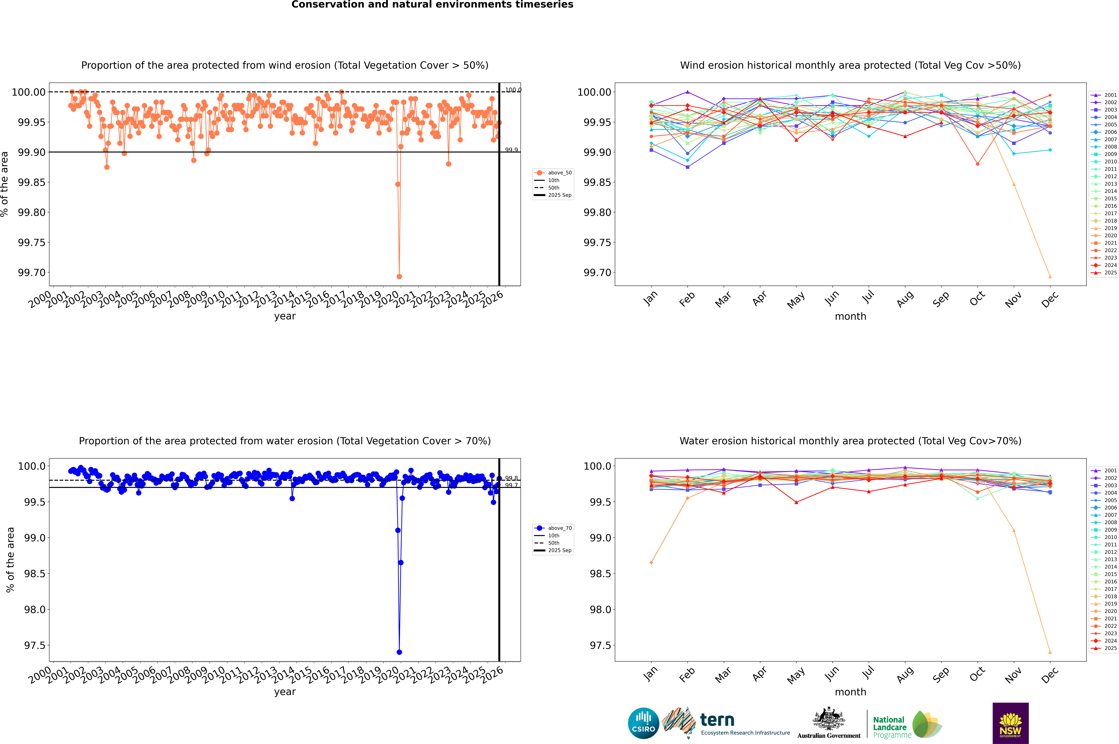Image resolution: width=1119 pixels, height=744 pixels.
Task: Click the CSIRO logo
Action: point(643,723)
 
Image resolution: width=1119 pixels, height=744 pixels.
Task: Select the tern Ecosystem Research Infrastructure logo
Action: point(726,723)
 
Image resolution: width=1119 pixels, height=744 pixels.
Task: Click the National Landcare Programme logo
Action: point(907,725)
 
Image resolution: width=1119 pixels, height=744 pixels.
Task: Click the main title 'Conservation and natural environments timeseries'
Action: point(432,5)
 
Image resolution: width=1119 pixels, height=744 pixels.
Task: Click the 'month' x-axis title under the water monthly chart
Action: point(850,692)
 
